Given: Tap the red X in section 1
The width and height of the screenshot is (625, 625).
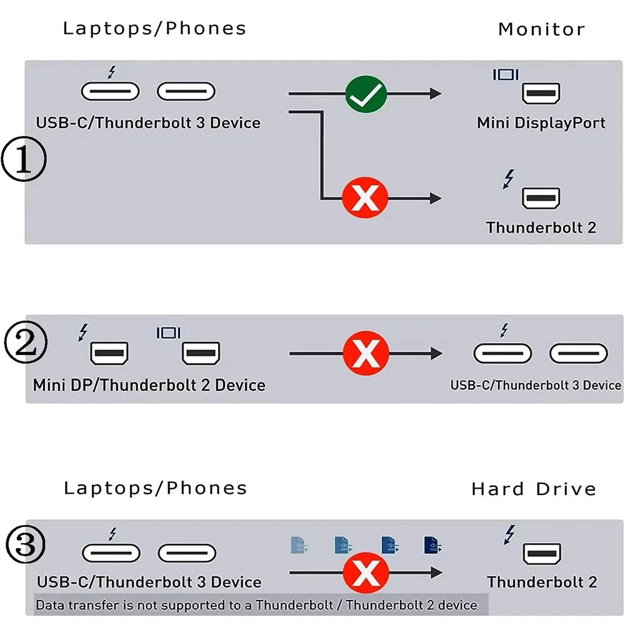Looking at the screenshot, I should (365, 199).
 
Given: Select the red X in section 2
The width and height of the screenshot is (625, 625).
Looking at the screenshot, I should (366, 354).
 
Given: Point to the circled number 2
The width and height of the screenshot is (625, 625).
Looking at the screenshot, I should (24, 345).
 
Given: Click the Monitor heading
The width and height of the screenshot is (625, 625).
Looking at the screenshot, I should (541, 29).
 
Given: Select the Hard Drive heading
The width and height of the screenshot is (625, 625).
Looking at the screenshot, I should (534, 488).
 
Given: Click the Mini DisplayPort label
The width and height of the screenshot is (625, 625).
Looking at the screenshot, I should (541, 122).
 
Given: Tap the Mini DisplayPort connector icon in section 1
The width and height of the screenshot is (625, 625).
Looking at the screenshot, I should (541, 94).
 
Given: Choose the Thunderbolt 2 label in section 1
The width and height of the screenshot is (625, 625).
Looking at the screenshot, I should (541, 227).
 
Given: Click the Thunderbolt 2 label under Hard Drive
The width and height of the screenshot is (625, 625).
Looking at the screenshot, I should (542, 582).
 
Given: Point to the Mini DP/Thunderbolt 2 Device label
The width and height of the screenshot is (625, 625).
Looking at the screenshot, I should (149, 384).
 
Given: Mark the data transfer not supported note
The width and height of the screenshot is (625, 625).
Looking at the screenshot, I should (256, 605).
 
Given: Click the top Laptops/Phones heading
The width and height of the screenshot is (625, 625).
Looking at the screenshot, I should (154, 28).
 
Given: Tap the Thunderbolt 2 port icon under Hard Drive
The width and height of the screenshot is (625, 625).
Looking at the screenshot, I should (542, 554).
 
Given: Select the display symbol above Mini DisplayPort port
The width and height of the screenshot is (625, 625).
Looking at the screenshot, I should (505, 74).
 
